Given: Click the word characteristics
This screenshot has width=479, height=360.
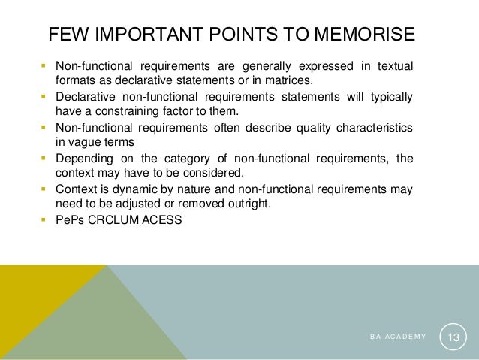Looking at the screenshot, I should (x=367, y=128).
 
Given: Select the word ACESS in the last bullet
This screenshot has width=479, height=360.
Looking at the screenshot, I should (x=162, y=221).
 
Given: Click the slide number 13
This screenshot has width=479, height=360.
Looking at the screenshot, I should (x=453, y=337).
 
